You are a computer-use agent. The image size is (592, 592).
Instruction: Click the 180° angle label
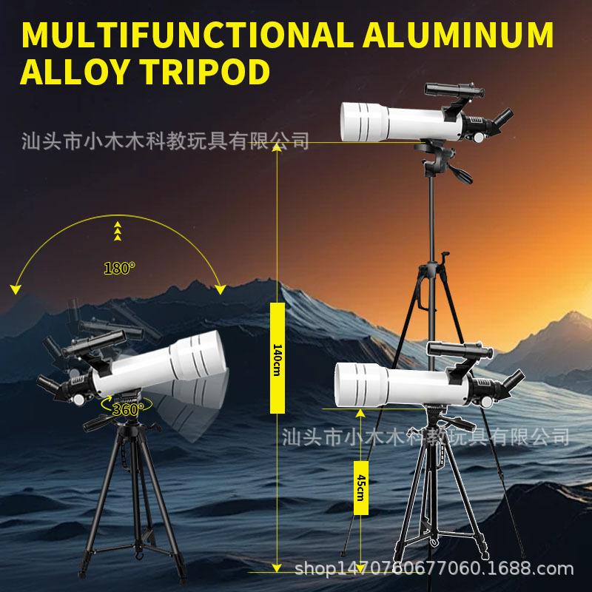point(119,269)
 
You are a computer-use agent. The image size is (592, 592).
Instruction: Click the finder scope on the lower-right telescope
point(451,352)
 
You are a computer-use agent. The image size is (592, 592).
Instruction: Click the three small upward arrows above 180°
point(117,231)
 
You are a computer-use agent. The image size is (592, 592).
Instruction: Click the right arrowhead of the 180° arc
point(219,288)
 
